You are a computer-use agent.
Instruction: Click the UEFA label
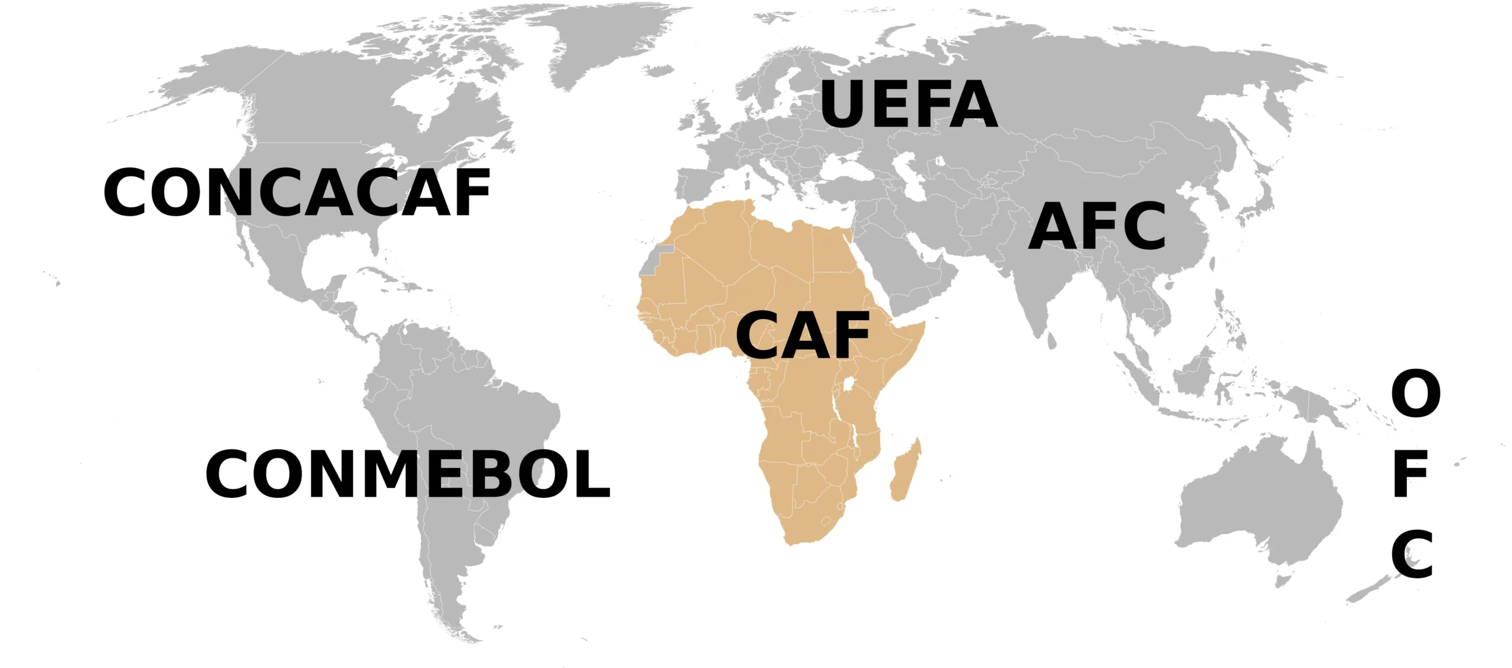(x=908, y=105)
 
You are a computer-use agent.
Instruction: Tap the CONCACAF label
(x=296, y=193)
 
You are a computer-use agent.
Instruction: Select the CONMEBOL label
(x=408, y=474)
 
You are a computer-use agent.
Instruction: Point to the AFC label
(x=1097, y=226)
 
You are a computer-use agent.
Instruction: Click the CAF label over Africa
(x=803, y=335)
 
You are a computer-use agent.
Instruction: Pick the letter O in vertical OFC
(x=1416, y=393)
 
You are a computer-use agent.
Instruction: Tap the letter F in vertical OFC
(x=1411, y=474)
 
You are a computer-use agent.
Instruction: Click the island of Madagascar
(x=905, y=473)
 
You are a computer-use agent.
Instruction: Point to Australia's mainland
(x=1258, y=502)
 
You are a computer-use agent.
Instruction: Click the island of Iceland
(x=657, y=71)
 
